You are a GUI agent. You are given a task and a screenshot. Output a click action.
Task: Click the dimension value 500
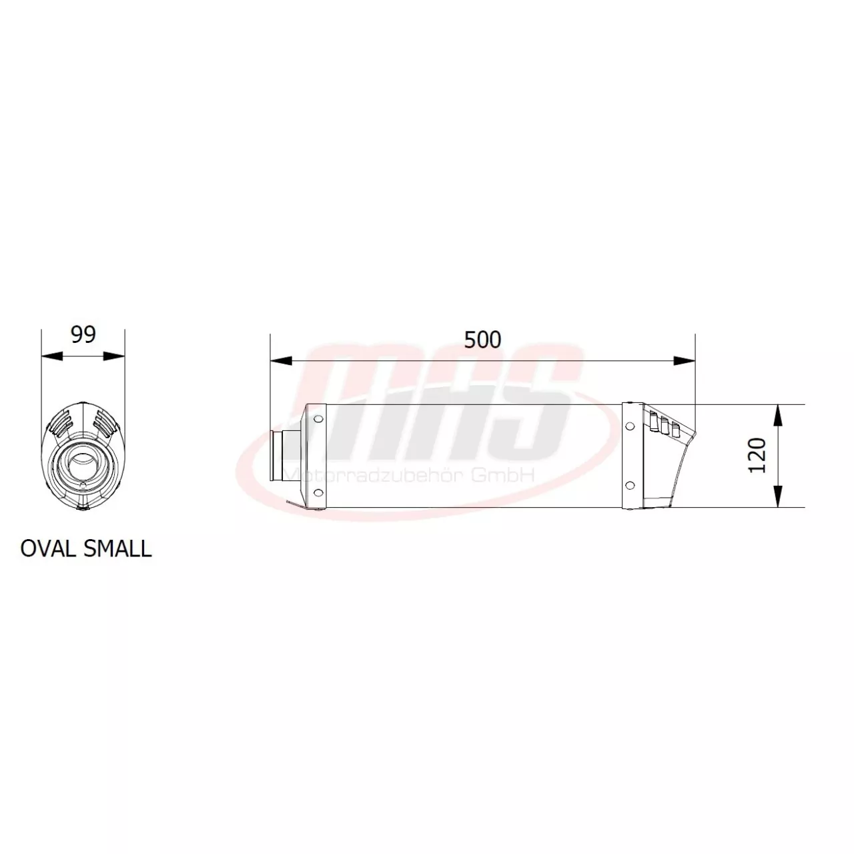482,340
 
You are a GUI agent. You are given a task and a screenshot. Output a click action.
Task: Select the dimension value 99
83,334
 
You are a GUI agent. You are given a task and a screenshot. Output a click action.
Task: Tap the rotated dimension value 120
757,456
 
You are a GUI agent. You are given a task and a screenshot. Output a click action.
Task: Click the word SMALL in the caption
118,548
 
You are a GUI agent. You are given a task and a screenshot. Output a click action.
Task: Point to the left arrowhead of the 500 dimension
280,361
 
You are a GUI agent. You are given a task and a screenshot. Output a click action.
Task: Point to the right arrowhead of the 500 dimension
685,361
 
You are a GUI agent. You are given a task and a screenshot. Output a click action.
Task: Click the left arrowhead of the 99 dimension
51,356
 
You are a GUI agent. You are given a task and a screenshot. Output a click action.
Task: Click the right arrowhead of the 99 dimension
115,356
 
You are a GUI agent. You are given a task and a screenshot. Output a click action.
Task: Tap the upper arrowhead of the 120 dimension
778,415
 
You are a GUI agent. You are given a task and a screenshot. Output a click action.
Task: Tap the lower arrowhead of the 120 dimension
778,498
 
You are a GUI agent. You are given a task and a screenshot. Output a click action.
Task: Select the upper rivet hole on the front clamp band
318,419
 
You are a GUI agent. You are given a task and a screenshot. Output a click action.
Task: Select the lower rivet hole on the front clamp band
318,493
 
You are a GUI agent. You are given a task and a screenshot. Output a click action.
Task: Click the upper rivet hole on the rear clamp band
629,425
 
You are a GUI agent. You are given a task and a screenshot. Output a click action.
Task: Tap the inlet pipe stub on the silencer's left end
283,456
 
